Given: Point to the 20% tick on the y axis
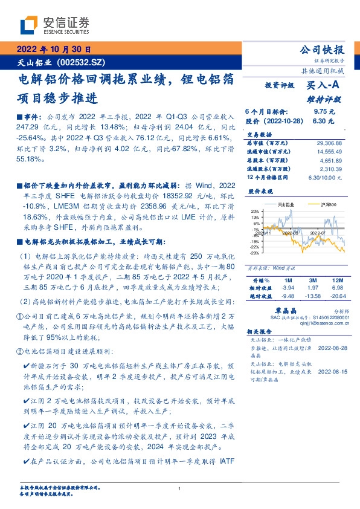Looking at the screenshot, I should tap(255, 211).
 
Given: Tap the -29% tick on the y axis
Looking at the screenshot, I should tap(255, 252).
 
